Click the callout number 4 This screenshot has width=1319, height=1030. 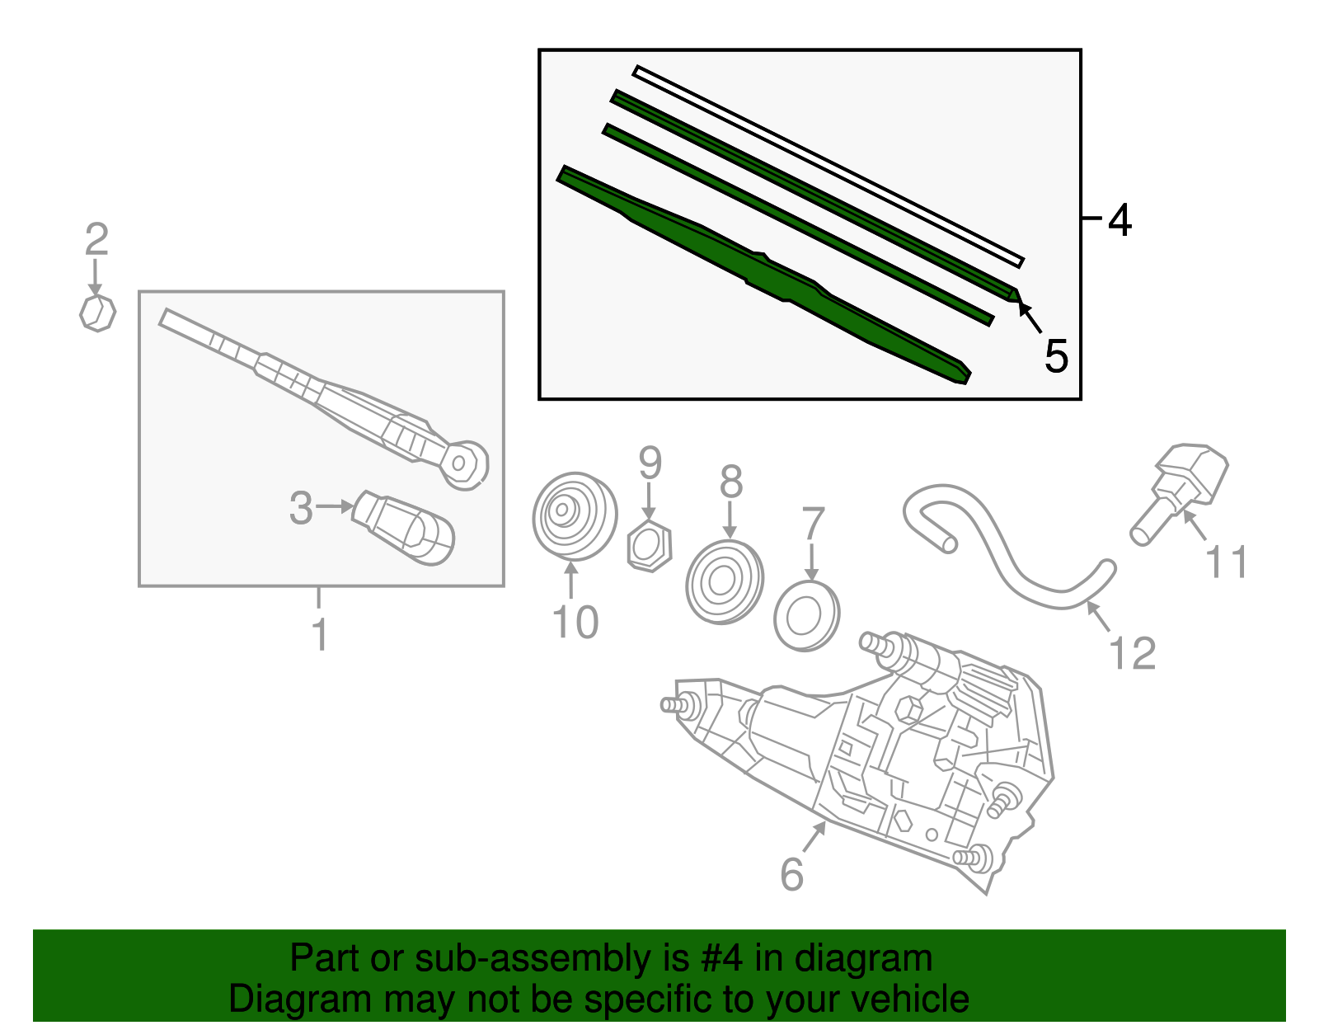point(1120,220)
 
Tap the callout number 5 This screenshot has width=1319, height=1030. point(1055,356)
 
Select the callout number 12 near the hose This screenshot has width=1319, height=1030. point(1133,654)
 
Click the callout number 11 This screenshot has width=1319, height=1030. point(1226,562)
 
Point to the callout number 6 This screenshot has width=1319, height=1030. point(791,874)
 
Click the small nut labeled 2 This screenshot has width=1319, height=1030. point(97,313)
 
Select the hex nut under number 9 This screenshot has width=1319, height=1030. point(650,547)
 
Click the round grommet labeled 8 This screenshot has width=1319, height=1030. point(725,582)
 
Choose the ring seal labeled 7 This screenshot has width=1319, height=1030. point(806,616)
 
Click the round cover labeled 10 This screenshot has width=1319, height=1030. point(574,515)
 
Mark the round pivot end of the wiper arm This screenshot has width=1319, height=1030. point(465,463)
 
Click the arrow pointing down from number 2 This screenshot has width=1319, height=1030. point(96,276)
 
